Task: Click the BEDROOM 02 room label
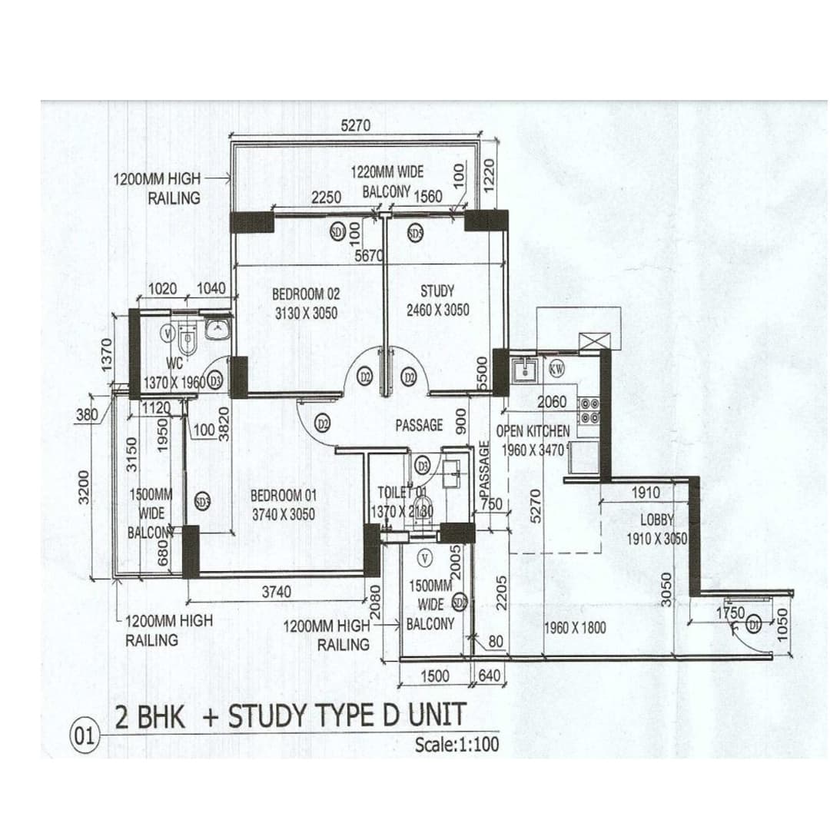click(305, 294)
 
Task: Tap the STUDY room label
click(437, 292)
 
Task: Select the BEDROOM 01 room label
click(283, 496)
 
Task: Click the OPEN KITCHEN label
click(533, 431)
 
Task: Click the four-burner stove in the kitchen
click(590, 410)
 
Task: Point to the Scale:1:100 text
click(456, 744)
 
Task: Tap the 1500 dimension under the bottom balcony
click(435, 675)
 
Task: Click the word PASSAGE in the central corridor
click(419, 425)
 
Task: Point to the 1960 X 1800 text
click(575, 628)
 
